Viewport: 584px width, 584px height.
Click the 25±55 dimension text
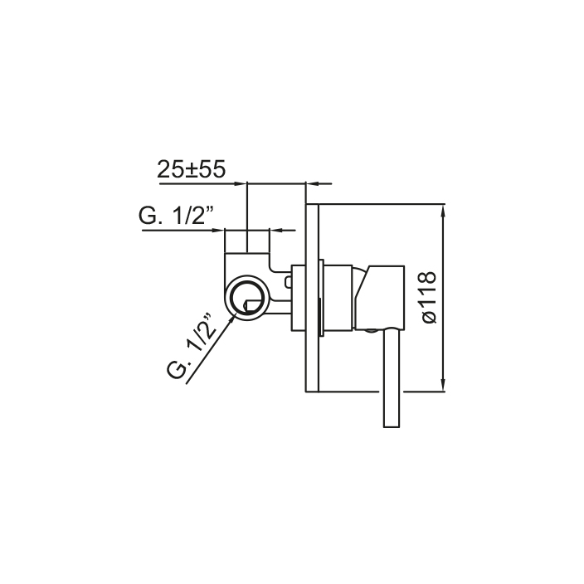(x=192, y=169)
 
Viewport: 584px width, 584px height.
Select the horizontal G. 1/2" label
(x=177, y=215)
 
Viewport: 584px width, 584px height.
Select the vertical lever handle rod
(x=391, y=377)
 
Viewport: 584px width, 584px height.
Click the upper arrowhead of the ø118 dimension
(x=443, y=210)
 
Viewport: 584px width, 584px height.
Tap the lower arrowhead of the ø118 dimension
(x=443, y=386)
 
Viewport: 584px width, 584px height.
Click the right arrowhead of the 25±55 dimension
(x=311, y=183)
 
